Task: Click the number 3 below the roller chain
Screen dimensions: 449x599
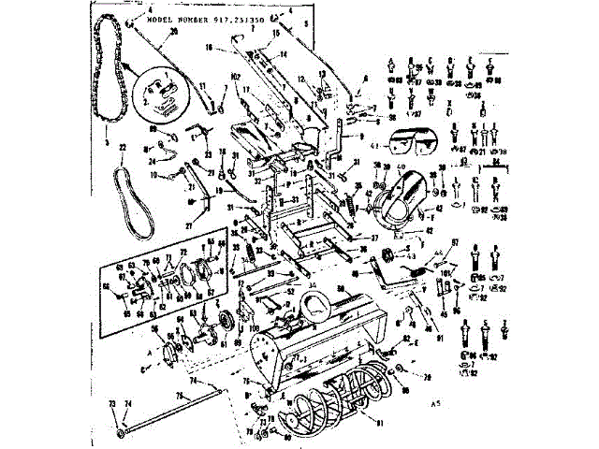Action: [108, 145]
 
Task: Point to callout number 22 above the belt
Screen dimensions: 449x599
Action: [122, 161]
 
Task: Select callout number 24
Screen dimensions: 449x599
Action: [150, 161]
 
